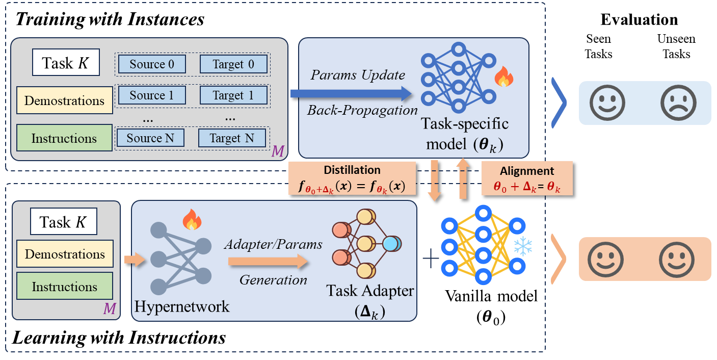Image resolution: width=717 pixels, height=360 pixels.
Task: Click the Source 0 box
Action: (152, 64)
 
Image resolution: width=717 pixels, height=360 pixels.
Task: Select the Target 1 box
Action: (233, 95)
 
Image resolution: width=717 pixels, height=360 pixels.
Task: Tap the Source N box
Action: (150, 138)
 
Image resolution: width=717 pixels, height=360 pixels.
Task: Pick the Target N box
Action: (232, 138)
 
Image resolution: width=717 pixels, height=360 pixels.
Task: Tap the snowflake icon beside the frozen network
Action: (523, 247)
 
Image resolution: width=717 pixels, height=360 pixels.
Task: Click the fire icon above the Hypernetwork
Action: (192, 220)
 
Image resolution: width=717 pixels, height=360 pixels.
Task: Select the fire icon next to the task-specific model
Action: (504, 77)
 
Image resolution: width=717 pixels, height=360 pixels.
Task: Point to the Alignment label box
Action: (527, 178)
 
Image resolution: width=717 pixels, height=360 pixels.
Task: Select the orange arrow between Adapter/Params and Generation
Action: (268, 262)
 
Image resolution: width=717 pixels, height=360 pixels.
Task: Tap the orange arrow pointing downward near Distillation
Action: (434, 181)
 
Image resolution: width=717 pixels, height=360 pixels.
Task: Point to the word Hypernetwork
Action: (182, 306)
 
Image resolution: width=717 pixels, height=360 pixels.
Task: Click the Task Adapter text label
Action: (370, 291)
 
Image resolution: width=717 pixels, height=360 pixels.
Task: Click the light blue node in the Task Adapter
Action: (391, 244)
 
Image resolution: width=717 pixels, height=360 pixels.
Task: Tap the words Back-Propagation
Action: (362, 110)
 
